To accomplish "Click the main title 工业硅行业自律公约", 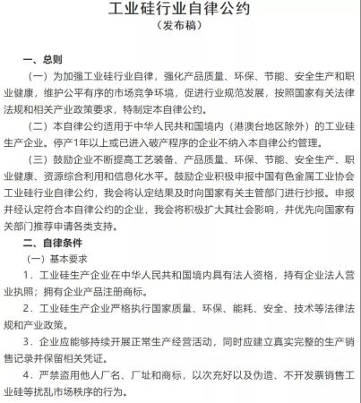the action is tap(180, 12).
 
